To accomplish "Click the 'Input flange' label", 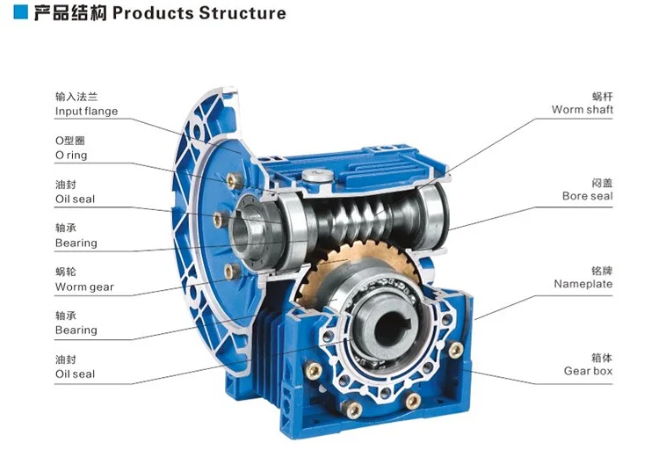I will pos(86,112).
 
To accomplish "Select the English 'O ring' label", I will pos(71,156).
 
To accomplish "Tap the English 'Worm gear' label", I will pos(84,287).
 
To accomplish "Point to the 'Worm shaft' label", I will pos(582,110).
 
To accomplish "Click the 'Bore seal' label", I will pos(587,196).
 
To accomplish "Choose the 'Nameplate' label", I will pos(583,284).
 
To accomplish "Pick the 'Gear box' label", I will pos(588,371).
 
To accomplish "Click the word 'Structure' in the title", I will pos(243,13).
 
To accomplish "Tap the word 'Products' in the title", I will pos(154,13).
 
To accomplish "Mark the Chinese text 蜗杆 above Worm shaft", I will pos(602,96).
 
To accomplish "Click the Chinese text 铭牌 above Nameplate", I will pos(602,271).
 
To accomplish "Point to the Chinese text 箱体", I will pos(602,358).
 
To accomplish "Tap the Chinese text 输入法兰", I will pos(76,98).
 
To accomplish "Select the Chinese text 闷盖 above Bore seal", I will pos(602,183).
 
